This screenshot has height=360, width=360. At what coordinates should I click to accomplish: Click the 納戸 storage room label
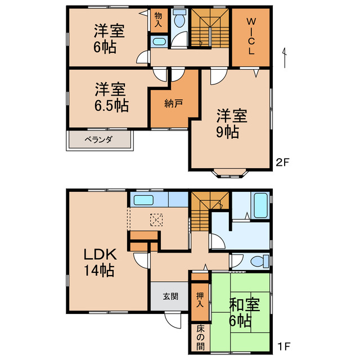[x=173, y=103]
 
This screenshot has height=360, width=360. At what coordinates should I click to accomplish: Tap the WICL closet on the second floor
[x=251, y=37]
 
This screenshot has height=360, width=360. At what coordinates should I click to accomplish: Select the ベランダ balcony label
[x=100, y=139]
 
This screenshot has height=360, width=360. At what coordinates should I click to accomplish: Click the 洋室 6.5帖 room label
[x=110, y=96]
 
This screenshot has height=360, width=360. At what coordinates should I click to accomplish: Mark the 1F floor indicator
[x=282, y=343]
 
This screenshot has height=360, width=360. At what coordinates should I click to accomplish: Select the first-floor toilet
[x=256, y=262]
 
